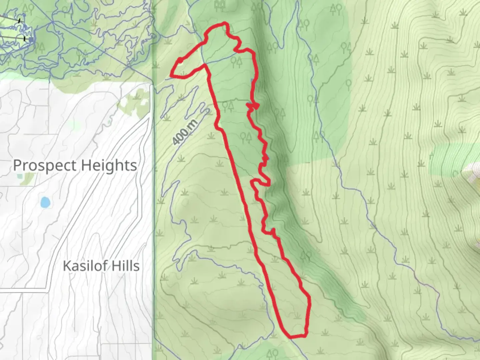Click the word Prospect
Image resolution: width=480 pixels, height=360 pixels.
pyautogui.click(x=45, y=165)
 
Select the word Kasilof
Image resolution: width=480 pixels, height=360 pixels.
pyautogui.click(x=85, y=266)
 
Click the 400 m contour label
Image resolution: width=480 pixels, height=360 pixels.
pyautogui.click(x=185, y=132)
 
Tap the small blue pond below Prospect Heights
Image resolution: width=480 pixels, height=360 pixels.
pyautogui.click(x=45, y=202)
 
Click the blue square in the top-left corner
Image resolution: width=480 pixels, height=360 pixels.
pyautogui.click(x=31, y=40)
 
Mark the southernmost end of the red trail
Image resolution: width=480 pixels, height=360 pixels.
pyautogui.click(x=292, y=337)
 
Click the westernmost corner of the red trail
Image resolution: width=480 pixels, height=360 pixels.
pyautogui.click(x=172, y=74)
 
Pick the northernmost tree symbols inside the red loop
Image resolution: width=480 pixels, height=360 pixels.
pyautogui.click(x=236, y=61)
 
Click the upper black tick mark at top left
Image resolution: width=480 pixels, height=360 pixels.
pyautogui.click(x=19, y=21)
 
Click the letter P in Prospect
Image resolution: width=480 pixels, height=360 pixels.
pyautogui.click(x=18, y=165)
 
